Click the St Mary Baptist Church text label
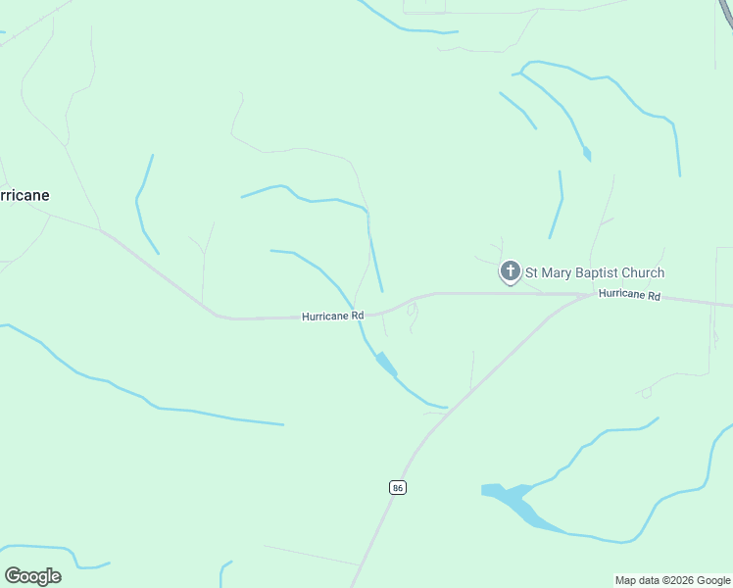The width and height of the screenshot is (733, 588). (x=595, y=272)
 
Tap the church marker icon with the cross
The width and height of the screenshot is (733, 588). (x=510, y=271)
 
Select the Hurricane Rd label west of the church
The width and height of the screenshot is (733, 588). (x=333, y=317)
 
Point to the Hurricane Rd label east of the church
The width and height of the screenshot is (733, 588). (x=629, y=295)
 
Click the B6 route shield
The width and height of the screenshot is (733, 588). (x=397, y=487)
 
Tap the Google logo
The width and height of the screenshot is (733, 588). (x=32, y=576)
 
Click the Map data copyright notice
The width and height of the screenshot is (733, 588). (x=672, y=580)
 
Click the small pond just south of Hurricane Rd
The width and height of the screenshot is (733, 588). (x=386, y=363)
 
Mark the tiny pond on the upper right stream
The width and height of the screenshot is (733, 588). (x=587, y=154)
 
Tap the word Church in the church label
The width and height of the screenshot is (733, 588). (x=641, y=272)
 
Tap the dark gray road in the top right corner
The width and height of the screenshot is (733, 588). (x=726, y=10)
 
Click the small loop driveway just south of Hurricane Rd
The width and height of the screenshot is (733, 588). (x=413, y=313)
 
